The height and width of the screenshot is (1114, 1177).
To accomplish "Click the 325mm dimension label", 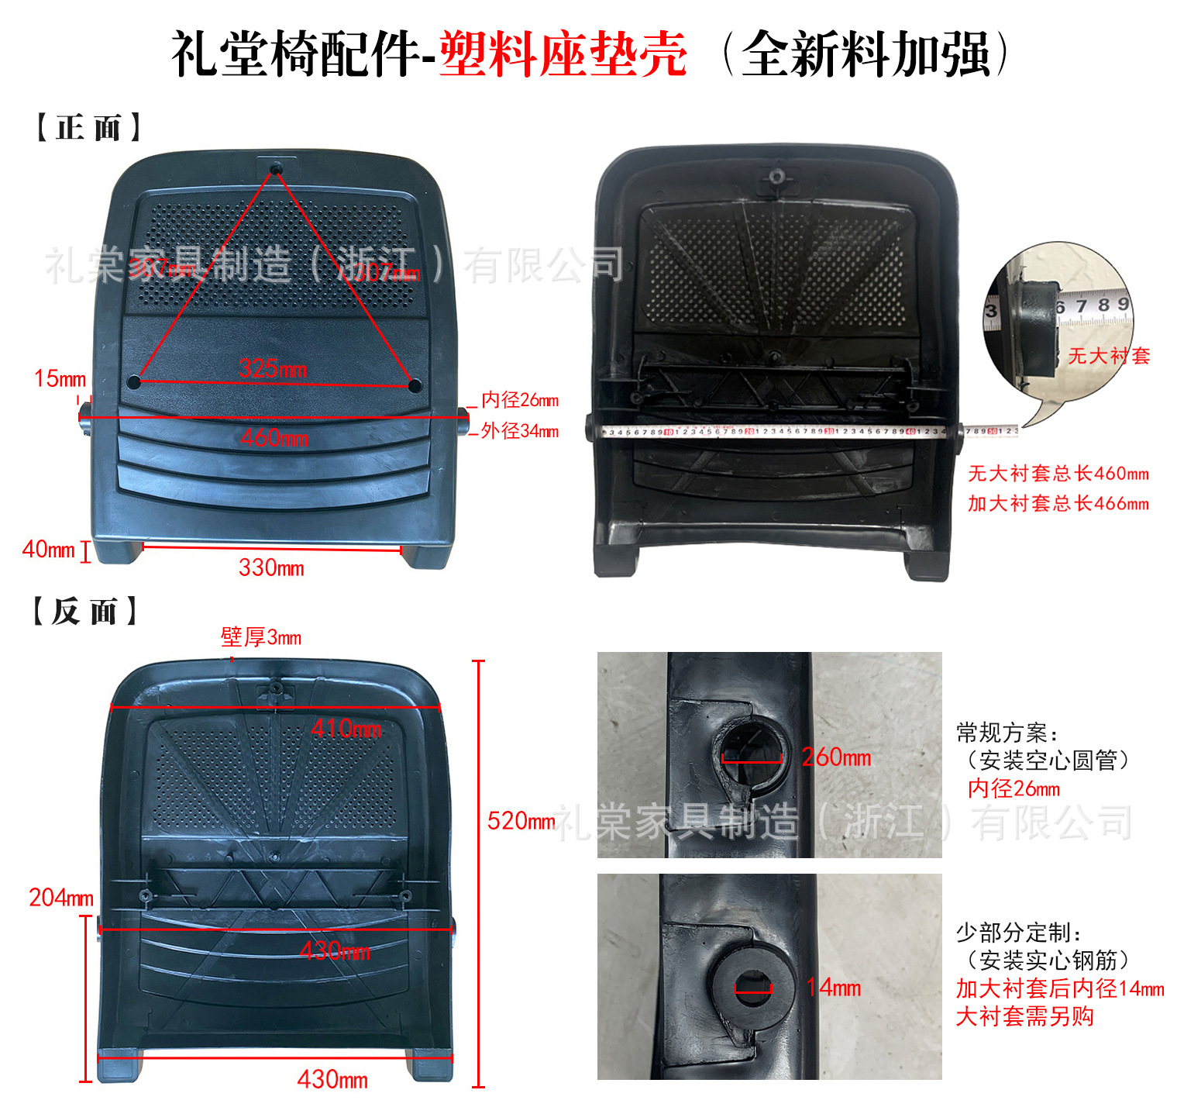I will coord(273,369).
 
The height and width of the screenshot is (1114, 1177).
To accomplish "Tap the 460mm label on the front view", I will coord(274,438).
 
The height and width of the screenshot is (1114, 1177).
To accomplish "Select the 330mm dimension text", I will coord(271,568).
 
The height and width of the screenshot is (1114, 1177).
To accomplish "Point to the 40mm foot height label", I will coord(48,550).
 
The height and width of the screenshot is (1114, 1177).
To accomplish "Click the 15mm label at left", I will coord(60,378).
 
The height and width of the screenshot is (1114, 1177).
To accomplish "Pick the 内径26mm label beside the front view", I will coord(519,400).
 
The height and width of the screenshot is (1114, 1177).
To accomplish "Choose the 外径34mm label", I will coord(519,431).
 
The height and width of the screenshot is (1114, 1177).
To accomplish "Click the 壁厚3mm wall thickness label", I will coord(261,637).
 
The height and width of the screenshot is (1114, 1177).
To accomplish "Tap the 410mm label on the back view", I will coord(346,729).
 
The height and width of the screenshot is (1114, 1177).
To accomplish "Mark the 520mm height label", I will coord(521,821).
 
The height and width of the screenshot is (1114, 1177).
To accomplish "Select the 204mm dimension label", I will coord(60,898).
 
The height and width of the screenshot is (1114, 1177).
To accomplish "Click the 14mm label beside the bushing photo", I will coord(833,988).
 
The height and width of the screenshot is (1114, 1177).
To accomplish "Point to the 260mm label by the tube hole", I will coord(836,757).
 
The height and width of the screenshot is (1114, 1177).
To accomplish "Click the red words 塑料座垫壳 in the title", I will coord(563,54).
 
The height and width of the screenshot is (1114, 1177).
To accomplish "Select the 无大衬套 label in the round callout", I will coord(1109,356).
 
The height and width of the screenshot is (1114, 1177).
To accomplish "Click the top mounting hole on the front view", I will coord(276,167).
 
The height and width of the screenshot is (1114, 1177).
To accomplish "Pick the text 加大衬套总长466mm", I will coord(1058,503).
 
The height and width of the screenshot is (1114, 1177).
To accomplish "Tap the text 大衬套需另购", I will coord(1024,1016).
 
